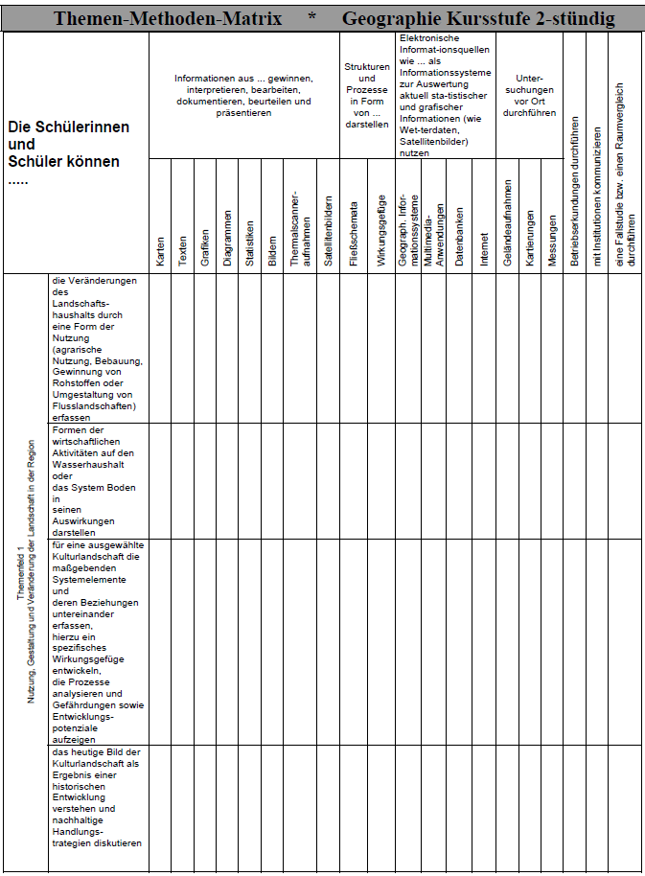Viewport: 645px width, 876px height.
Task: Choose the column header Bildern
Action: tap(272, 250)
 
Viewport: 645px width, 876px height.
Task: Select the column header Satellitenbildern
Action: tap(329, 229)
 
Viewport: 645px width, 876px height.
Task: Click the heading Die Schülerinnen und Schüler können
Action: tap(68, 144)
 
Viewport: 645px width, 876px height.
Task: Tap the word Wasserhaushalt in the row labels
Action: tap(93, 464)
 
